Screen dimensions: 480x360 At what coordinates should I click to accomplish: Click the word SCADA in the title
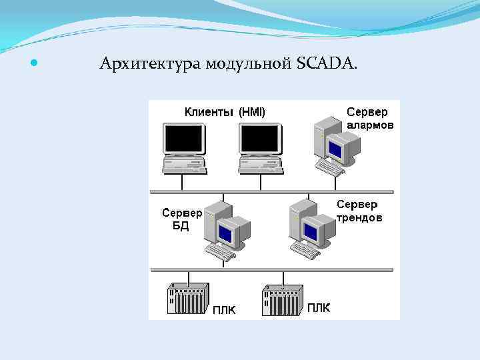click(x=327, y=64)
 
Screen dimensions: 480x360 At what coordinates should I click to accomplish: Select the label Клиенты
click(x=209, y=112)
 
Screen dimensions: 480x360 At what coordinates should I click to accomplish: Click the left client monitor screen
click(x=183, y=139)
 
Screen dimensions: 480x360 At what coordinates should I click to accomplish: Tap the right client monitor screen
click(x=259, y=139)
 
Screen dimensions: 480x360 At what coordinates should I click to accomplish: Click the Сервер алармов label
click(x=370, y=118)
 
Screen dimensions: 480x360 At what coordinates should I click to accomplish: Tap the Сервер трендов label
click(x=359, y=211)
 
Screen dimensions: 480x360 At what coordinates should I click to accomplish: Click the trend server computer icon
click(x=311, y=227)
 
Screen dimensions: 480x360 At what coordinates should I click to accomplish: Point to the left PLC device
click(x=189, y=298)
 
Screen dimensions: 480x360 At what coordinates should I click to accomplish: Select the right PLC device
click(x=282, y=298)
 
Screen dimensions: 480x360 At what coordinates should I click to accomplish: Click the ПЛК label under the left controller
click(x=224, y=310)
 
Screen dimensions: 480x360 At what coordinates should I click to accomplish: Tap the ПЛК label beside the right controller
click(x=318, y=308)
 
